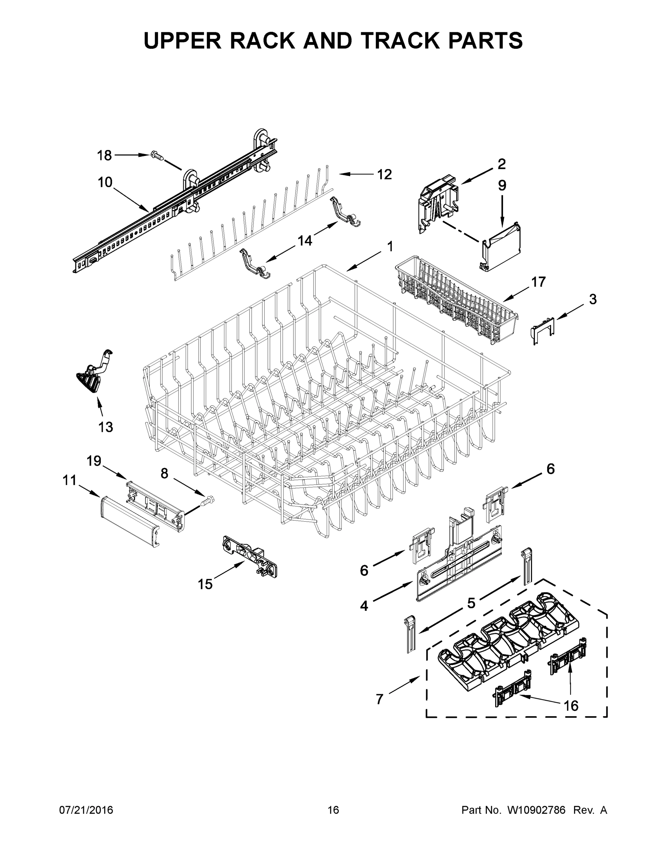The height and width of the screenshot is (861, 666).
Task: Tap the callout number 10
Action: (x=105, y=183)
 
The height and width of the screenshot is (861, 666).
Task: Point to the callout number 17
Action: (x=538, y=282)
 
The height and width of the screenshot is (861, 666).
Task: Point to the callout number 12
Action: (x=384, y=174)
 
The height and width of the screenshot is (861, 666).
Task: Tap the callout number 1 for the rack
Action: (x=390, y=247)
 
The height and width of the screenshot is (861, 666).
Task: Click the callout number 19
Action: (x=94, y=461)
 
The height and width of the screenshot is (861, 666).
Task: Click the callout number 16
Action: (x=571, y=705)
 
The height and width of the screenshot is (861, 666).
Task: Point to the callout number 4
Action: (x=364, y=606)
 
